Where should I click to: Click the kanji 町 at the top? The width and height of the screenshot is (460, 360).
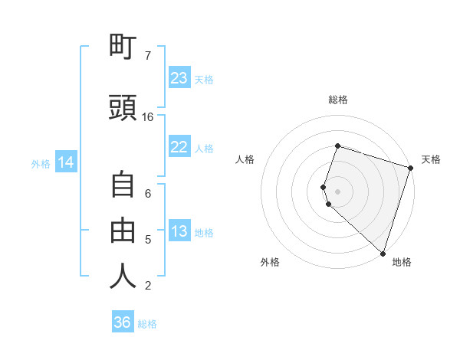point(123,49)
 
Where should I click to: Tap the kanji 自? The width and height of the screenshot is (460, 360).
point(123,186)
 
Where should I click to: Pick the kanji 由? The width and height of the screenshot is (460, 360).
point(123,229)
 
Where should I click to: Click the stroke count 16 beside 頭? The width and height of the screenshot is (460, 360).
point(148,117)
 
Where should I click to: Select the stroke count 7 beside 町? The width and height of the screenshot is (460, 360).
point(148,56)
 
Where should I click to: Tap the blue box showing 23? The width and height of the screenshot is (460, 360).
point(179,78)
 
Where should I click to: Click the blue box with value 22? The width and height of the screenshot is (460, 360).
point(179,147)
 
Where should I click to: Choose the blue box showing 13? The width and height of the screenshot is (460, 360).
point(179,232)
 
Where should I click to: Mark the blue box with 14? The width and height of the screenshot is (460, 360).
point(66,162)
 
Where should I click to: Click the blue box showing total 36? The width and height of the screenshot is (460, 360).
point(123,322)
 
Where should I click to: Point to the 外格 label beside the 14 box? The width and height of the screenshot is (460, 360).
point(41,163)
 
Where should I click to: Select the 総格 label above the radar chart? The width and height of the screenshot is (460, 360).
point(337,100)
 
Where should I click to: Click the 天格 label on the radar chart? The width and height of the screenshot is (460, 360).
point(431,159)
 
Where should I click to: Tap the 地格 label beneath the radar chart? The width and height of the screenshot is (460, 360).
point(402,262)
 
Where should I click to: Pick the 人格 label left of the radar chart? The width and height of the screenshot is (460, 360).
point(245,159)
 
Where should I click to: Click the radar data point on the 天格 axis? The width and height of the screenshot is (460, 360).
point(410,168)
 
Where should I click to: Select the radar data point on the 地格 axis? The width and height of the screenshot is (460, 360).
point(383,254)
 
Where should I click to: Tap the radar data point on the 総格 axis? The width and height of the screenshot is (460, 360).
point(337,146)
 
